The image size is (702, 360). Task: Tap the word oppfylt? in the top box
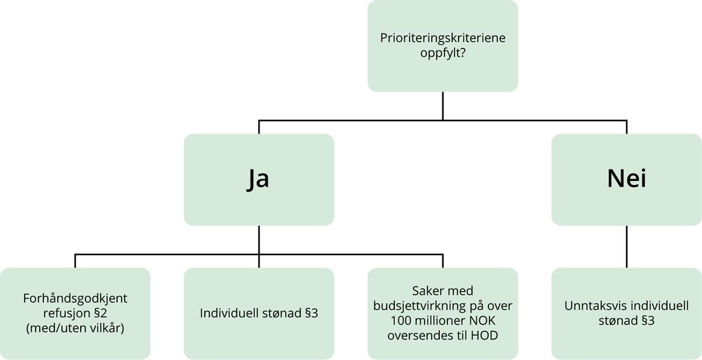pyautogui.click(x=442, y=53)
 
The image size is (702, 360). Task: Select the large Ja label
pyautogui.click(x=259, y=179)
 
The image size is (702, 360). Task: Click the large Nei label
pyautogui.click(x=627, y=179)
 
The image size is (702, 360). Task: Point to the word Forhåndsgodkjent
pyautogui.click(x=75, y=299)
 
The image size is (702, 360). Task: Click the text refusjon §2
pyautogui.click(x=75, y=313)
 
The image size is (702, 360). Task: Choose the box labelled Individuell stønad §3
pyautogui.click(x=259, y=313)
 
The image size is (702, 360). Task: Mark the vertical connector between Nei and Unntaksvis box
pyautogui.click(x=627, y=246)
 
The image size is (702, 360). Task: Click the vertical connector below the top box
pyautogui.click(x=443, y=105)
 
